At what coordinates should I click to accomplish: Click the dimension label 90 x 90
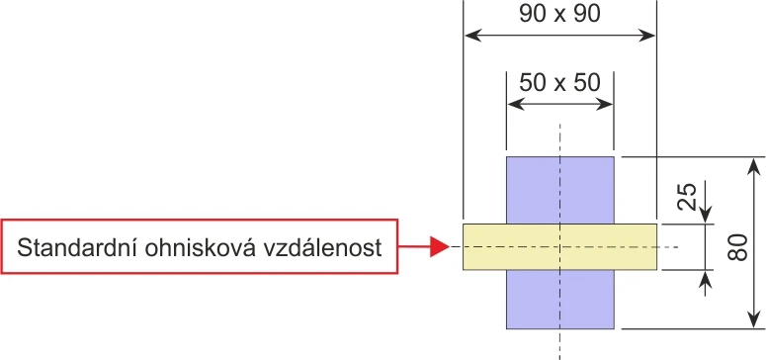[559, 14]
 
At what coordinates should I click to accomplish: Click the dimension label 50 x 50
[559, 83]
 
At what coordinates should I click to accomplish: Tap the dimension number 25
[688, 196]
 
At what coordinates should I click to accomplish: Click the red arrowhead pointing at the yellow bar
[439, 246]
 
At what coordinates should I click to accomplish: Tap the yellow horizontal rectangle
[559, 246]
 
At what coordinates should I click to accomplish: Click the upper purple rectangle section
[559, 190]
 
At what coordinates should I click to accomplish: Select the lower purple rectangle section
[559, 299]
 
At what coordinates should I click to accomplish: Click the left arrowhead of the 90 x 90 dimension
[472, 36]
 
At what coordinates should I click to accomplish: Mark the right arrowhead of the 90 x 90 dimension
[646, 36]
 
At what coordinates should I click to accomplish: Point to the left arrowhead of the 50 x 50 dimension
[516, 104]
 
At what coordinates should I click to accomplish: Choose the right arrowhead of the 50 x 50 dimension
[605, 104]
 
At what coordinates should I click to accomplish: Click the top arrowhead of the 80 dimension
[755, 166]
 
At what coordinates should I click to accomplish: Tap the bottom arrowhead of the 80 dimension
[755, 319]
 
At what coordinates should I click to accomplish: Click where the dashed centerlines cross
[559, 246]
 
